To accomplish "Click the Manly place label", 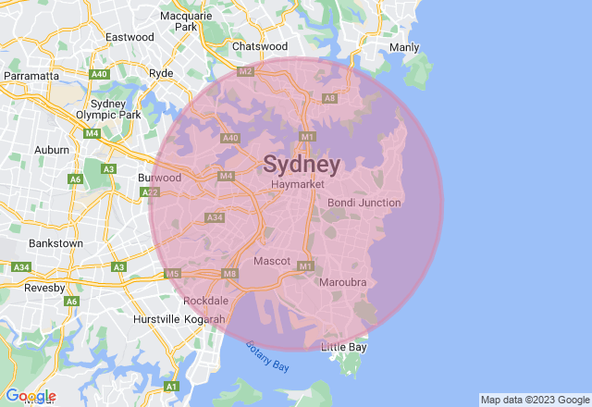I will [x=404, y=47].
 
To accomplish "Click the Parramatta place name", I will [x=31, y=75].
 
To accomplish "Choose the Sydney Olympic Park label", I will [x=116, y=109].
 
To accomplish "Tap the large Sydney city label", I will [x=302, y=165].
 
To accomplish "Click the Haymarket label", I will [x=298, y=185].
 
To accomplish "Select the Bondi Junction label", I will [x=364, y=203].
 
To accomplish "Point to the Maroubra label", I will [x=343, y=281].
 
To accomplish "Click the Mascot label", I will [x=272, y=261].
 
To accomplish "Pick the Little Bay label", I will [x=344, y=348].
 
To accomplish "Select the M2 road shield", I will [x=245, y=71].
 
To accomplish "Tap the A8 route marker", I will [x=329, y=97].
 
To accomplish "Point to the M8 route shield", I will [x=230, y=273].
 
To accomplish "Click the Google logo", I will [x=31, y=396].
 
